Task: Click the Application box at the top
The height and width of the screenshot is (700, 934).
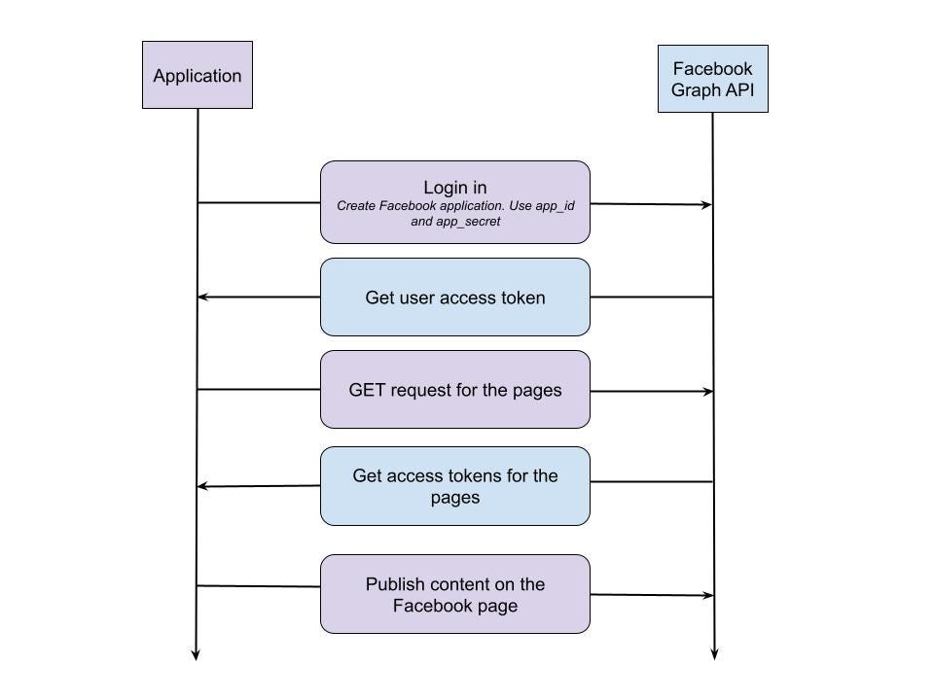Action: click(198, 75)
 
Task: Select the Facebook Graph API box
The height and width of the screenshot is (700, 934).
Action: click(712, 79)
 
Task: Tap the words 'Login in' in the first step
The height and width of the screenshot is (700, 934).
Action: click(455, 188)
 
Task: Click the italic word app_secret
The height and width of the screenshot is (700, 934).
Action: click(468, 222)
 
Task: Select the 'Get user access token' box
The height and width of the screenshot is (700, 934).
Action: click(455, 297)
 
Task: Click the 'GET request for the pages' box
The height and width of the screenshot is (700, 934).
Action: click(455, 390)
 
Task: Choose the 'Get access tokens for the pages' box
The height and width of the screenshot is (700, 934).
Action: click(455, 486)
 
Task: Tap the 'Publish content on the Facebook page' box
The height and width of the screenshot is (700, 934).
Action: click(455, 594)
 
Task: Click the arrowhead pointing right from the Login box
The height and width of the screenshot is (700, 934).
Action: click(707, 205)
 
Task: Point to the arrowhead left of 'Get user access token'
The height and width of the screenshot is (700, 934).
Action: click(202, 297)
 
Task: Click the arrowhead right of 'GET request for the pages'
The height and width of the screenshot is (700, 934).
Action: click(707, 391)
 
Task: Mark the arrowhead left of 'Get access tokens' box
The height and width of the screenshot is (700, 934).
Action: click(202, 486)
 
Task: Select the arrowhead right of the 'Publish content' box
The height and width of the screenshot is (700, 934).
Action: click(707, 595)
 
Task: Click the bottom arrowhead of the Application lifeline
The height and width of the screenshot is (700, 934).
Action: click(196, 654)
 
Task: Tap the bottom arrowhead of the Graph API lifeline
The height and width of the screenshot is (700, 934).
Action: click(714, 654)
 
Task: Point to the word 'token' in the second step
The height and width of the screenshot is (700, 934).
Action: click(522, 297)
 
